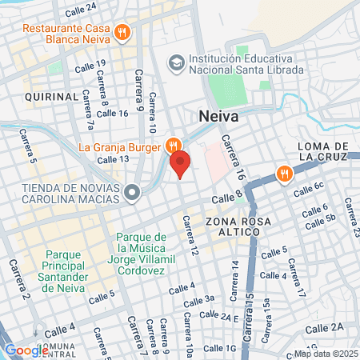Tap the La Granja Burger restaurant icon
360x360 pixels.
[x=172, y=146]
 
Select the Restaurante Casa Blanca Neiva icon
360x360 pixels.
[x=122, y=32]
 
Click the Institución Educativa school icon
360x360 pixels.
[x=175, y=62]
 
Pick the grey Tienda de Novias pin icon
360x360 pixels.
[x=134, y=191]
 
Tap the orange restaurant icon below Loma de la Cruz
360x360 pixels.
[x=283, y=172]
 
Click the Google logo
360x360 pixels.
[x=26, y=350]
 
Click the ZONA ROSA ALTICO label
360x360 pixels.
[x=233, y=226]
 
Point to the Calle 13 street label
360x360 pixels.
[x=113, y=159]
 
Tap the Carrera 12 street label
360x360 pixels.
[x=191, y=237]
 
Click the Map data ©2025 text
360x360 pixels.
[x=325, y=354]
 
